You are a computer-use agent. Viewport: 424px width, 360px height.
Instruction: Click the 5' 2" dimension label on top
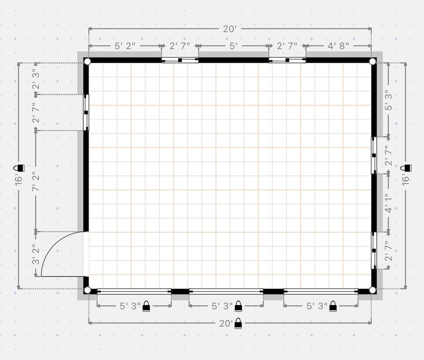pos(125,46)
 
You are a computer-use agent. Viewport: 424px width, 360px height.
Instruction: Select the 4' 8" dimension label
pos(338,46)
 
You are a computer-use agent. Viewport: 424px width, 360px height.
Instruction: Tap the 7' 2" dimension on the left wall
pos(36,181)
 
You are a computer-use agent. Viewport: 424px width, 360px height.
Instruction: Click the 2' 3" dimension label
pos(36,79)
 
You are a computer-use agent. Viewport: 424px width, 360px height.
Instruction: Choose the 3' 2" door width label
pos(36,254)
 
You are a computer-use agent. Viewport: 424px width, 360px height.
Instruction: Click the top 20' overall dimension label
pos(230,29)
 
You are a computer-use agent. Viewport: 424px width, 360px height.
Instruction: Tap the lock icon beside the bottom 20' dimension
pos(238,323)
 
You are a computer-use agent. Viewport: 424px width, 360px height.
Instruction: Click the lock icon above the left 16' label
pos(19,168)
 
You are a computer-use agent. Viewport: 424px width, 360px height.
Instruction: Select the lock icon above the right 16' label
pos(406,168)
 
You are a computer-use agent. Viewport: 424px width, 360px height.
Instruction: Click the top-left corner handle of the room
pos(87,61)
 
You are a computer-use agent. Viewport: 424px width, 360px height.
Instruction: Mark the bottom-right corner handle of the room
pos(373,290)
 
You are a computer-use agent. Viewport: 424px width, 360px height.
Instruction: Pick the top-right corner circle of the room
pos(373,61)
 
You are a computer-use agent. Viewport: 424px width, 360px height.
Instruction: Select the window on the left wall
pos(86,112)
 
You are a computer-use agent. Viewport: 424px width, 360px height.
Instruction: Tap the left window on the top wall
pos(180,60)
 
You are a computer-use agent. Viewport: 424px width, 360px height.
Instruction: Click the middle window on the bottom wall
pos(226,291)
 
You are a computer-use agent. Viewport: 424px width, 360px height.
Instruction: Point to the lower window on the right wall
pos(374,250)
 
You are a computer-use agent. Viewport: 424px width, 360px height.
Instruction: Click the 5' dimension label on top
pos(234,46)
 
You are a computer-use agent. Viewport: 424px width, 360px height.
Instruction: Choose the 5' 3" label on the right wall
pos(388,100)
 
